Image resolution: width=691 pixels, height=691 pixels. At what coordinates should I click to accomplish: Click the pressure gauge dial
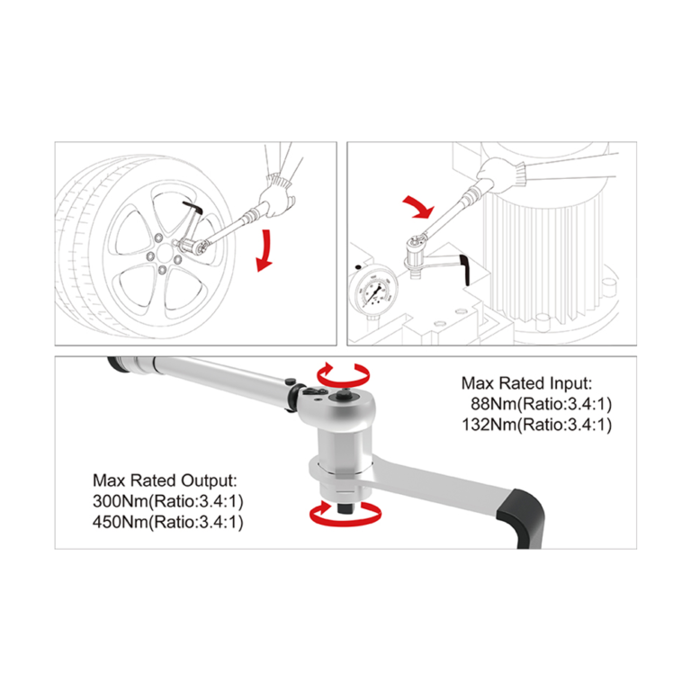click(372, 293)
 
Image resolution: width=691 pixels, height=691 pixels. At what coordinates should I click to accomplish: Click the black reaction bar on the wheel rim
click(193, 213)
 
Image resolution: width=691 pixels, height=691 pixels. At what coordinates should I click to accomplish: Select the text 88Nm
click(491, 403)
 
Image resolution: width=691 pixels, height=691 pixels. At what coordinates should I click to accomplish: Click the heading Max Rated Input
click(526, 382)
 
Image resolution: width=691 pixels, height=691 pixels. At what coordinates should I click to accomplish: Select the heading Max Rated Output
click(166, 480)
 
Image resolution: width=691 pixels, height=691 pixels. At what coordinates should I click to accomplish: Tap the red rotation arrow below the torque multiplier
click(345, 514)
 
